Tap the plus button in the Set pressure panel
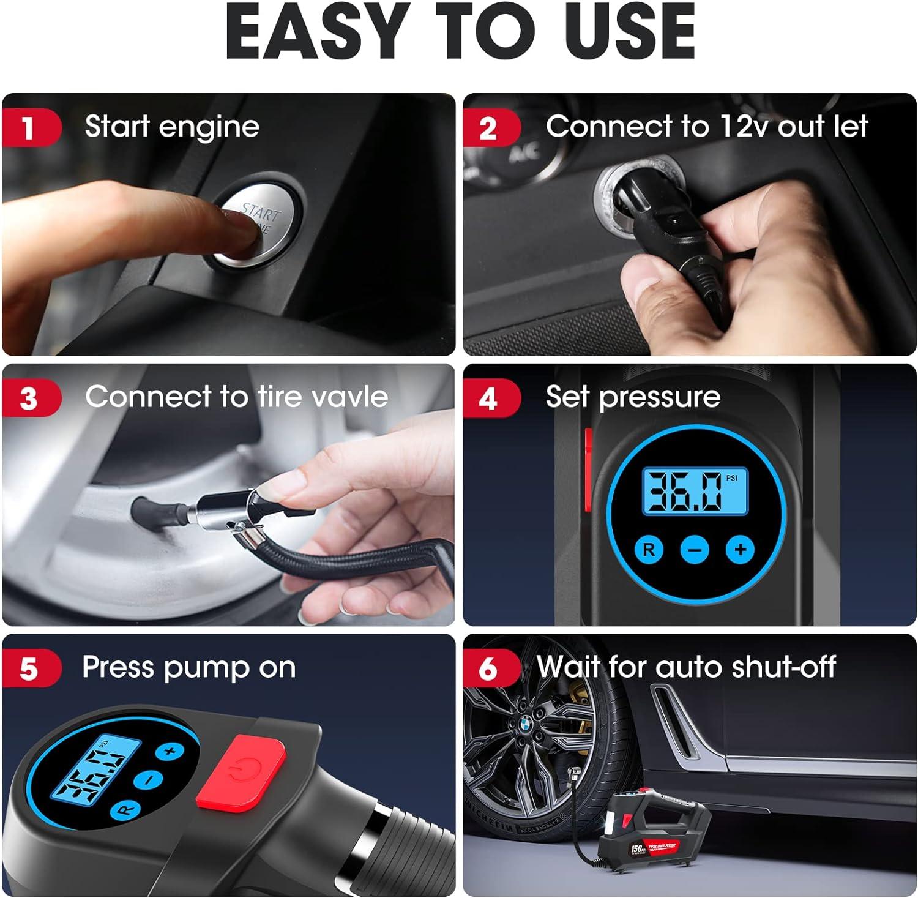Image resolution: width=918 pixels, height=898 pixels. coord(740,550)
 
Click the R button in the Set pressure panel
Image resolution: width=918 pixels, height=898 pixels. coord(649,550)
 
